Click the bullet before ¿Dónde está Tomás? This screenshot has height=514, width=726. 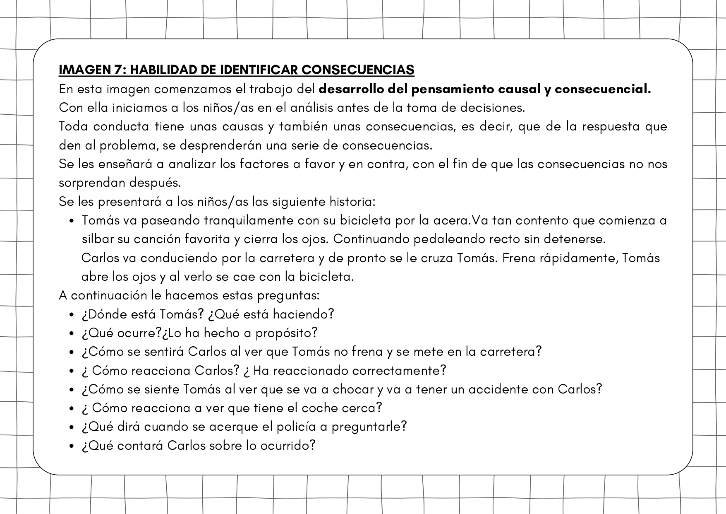pyautogui.click(x=72, y=315)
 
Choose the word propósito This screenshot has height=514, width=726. pyautogui.click(x=286, y=333)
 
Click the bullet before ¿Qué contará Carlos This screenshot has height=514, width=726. pyautogui.click(x=72, y=446)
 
